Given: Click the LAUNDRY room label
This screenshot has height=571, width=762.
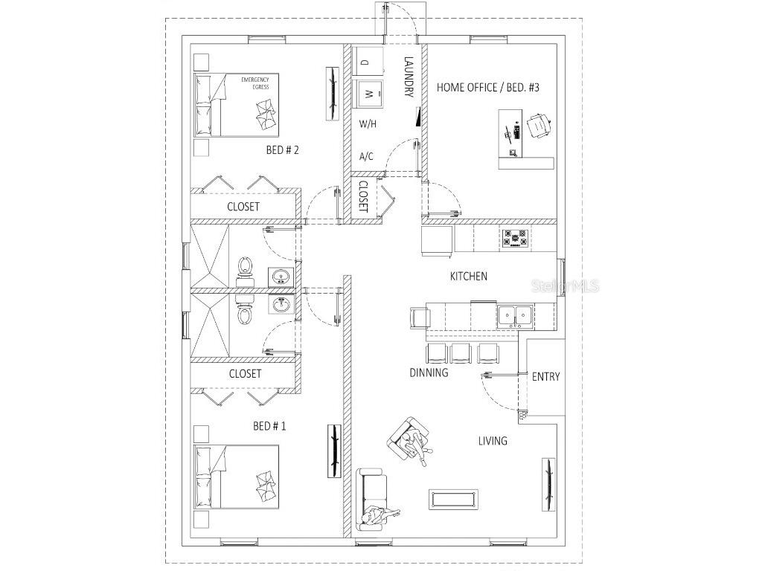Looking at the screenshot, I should [x=408, y=77].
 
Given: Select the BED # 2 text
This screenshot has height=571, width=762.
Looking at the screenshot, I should [x=282, y=150].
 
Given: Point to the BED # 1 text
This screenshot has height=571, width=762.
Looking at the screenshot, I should [x=269, y=426].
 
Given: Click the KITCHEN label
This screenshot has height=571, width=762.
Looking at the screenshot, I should [x=469, y=277].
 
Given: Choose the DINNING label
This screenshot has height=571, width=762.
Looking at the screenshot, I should [x=429, y=372].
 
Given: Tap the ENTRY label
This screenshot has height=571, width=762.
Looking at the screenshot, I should [x=545, y=377].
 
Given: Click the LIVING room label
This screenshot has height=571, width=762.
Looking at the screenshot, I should [x=493, y=441].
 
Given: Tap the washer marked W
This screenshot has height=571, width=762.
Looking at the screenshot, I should [x=368, y=94].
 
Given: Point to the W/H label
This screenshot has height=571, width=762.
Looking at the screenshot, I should [x=368, y=124].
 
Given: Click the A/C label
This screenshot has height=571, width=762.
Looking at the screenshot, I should [x=366, y=157].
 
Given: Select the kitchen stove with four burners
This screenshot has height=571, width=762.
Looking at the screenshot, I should [x=515, y=238].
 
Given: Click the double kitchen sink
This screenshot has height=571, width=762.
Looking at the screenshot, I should [x=514, y=316].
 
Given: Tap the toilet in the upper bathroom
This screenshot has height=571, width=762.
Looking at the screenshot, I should [x=245, y=268].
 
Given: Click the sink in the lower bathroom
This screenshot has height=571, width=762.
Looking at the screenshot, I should [x=281, y=305].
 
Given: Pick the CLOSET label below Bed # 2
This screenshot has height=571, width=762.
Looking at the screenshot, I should [x=243, y=207].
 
